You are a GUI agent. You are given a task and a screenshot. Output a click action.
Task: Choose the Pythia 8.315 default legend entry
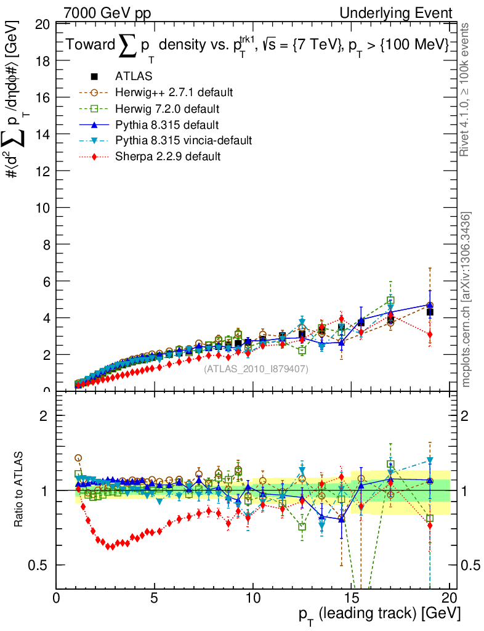[167, 124]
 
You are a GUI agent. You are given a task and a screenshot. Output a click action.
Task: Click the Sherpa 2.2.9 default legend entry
[168, 157]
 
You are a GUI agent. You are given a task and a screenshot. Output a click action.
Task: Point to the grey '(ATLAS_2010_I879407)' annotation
[256, 368]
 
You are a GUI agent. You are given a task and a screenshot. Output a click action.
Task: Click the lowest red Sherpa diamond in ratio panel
[110, 547]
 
